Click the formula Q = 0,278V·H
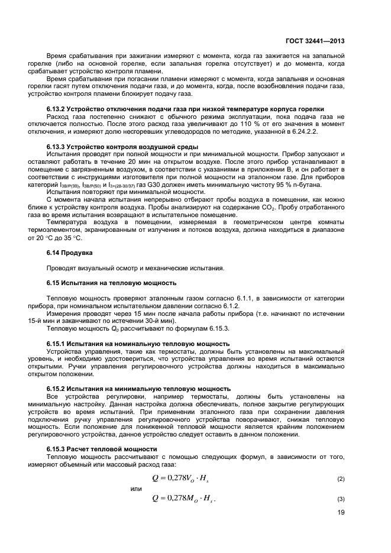pyautogui.click(x=185, y=477)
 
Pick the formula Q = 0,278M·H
pyautogui.click(x=186, y=499)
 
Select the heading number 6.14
pyautogui.click(x=54, y=253)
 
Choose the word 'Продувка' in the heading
pyautogui.click(x=79, y=253)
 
